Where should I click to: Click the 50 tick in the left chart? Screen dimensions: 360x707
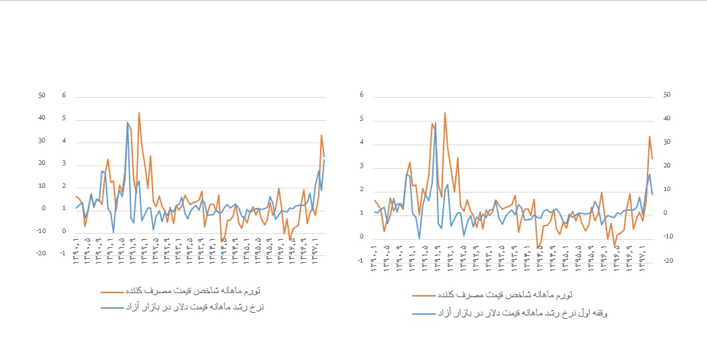(x=41, y=95)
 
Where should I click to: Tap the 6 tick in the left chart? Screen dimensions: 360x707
(x=64, y=95)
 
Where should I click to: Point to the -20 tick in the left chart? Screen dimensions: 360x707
(x=41, y=254)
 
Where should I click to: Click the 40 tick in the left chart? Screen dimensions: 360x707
(x=41, y=118)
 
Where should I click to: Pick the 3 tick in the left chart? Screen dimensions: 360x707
(x=64, y=163)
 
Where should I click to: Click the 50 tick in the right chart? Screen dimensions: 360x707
(x=667, y=95)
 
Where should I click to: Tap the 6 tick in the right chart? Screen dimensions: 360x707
(x=363, y=95)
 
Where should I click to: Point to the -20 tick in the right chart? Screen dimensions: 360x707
(x=667, y=261)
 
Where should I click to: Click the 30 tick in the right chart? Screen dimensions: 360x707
(x=667, y=142)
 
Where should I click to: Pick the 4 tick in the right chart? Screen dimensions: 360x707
(x=363, y=143)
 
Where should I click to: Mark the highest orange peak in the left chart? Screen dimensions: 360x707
(x=139, y=113)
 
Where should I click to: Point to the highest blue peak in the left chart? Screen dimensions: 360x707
(x=128, y=122)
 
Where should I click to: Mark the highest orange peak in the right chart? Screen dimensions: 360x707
(x=445, y=112)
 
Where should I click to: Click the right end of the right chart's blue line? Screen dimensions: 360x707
(x=652, y=195)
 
